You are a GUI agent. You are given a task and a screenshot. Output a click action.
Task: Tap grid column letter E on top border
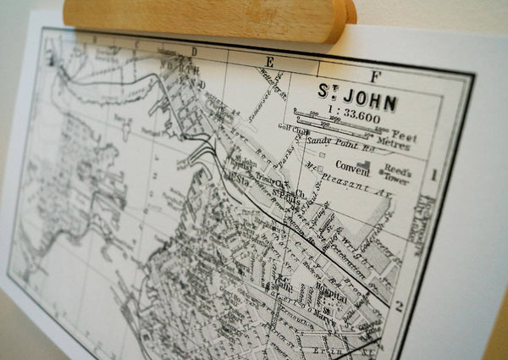[x=270, y=60]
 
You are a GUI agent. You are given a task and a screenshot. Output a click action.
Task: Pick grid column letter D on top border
[x=193, y=51]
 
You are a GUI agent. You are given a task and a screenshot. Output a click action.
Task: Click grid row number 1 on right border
[x=433, y=175]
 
